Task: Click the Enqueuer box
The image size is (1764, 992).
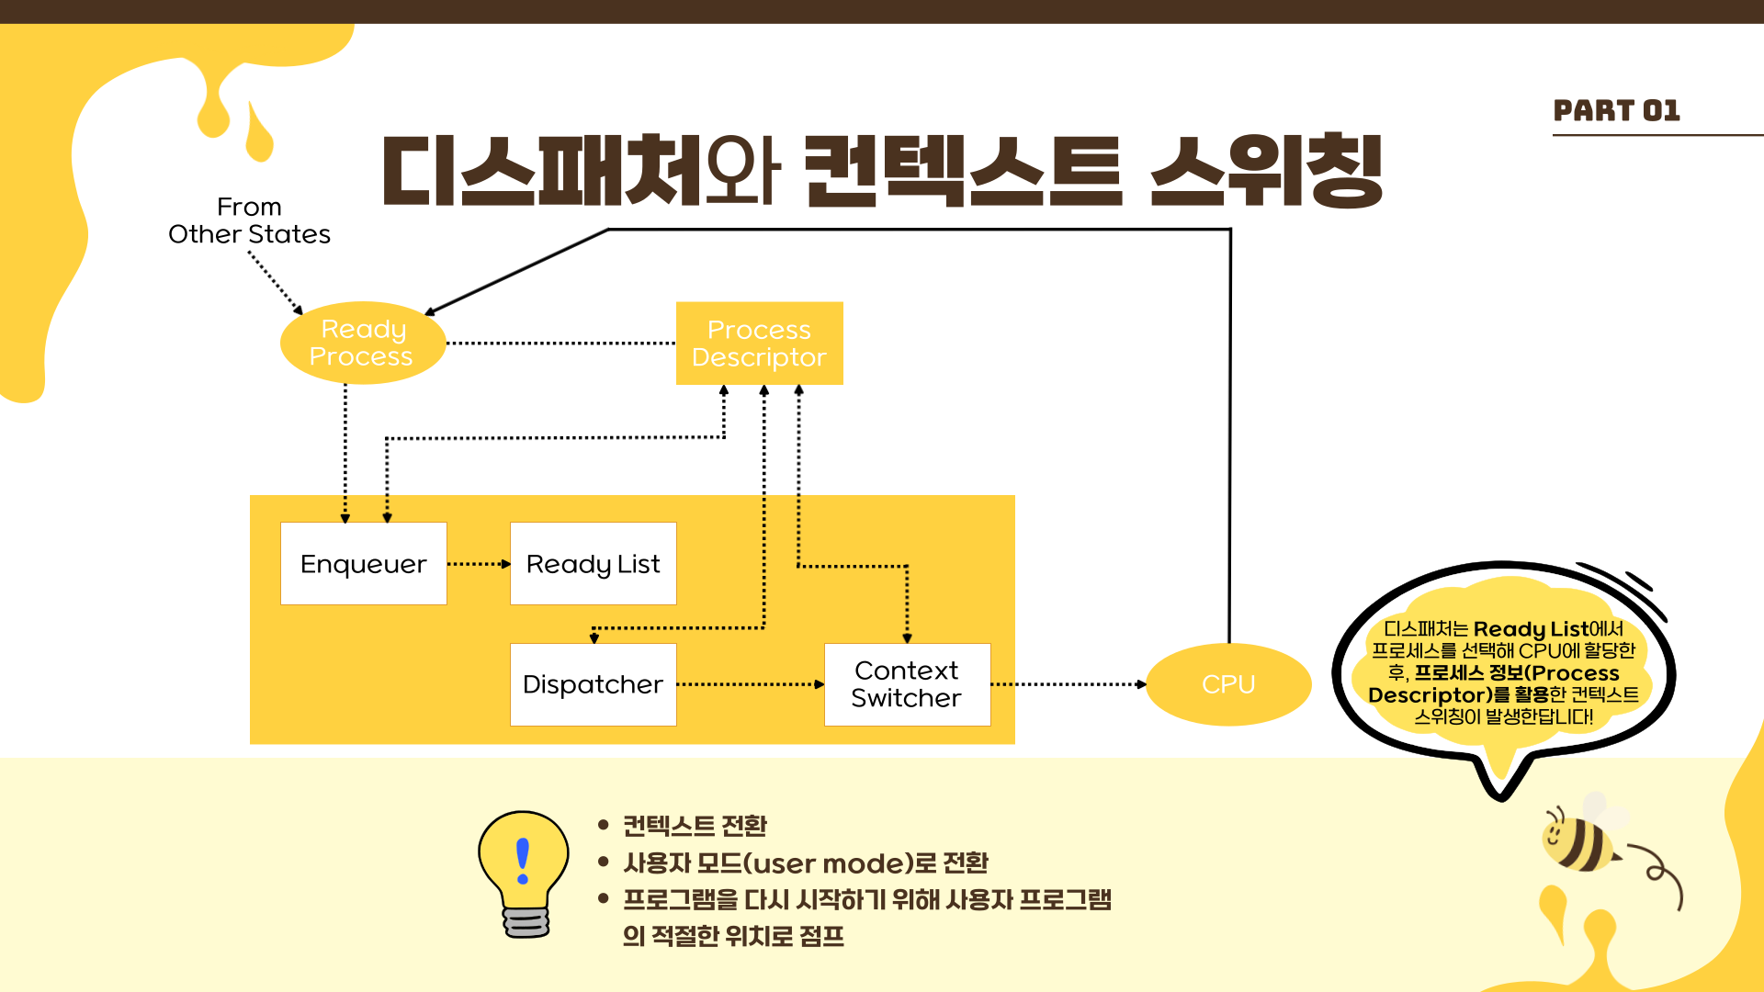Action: click(363, 563)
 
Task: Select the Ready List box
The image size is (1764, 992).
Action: click(593, 563)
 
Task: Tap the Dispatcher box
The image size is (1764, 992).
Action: click(593, 684)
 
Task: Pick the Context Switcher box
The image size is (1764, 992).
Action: click(907, 684)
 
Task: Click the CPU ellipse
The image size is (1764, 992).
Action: click(1228, 684)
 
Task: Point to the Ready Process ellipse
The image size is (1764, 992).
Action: click(362, 343)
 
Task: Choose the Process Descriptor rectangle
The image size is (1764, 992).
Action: click(759, 343)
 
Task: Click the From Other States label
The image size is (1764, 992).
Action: click(249, 220)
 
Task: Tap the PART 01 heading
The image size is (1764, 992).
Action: click(1616, 111)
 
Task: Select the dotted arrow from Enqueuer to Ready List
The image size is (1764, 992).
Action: click(478, 564)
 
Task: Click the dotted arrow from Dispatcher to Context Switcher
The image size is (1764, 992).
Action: click(750, 684)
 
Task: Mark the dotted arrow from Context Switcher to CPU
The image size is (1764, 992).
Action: click(1068, 684)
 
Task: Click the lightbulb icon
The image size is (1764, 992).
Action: click(524, 873)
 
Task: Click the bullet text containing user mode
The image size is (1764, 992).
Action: click(806, 863)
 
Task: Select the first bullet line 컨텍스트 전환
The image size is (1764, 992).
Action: click(695, 826)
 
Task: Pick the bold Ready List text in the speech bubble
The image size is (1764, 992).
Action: click(1531, 629)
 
